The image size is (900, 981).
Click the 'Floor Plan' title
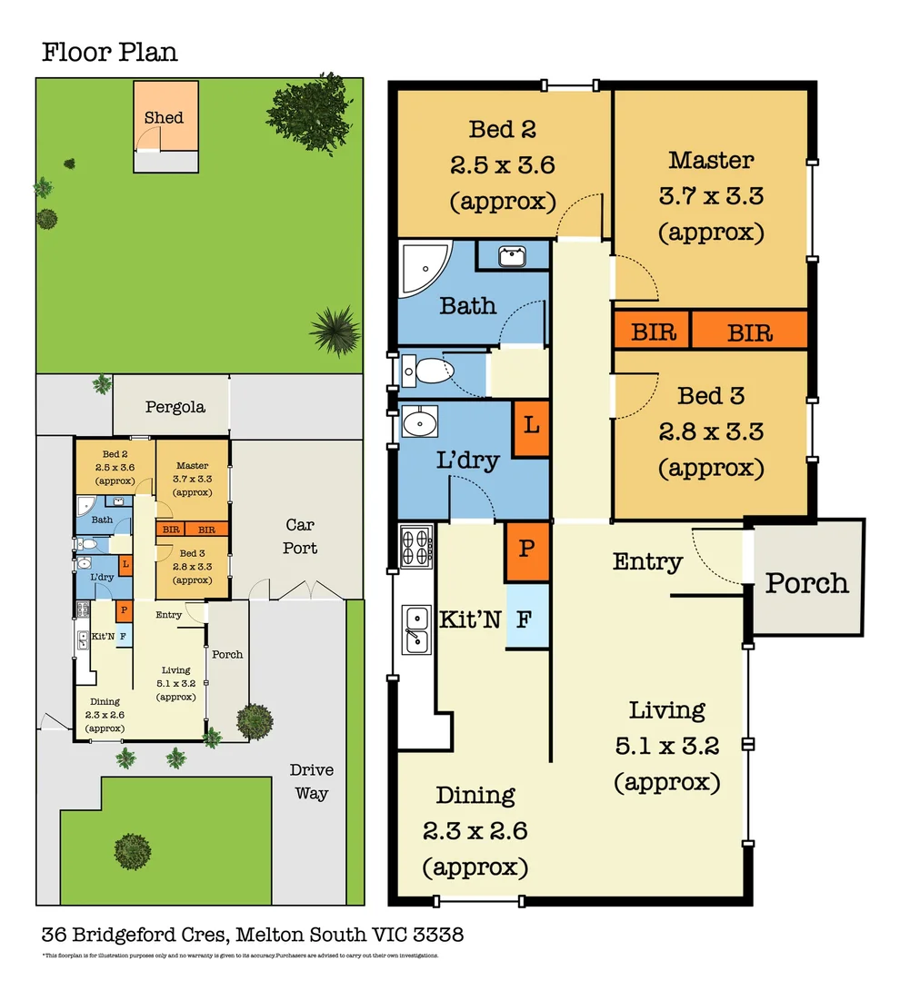pos(110,52)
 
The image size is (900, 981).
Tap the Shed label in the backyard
pos(164,117)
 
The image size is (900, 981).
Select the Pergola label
pos(175,407)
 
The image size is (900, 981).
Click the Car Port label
pos(300,536)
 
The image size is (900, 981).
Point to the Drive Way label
pos(311,781)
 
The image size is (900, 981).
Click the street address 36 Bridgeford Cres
pos(137,934)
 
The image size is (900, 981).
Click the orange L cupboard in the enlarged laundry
pos(532,428)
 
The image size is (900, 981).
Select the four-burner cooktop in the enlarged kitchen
pos(415,547)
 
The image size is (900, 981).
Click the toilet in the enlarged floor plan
pos(428,372)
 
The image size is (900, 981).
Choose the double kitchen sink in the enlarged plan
pos(416,629)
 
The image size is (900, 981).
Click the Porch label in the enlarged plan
pos(806,582)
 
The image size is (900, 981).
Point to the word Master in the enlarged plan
pos(711,161)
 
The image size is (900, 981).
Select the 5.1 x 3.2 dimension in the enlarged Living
pos(667,746)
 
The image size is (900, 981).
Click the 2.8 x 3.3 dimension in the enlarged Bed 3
pos(711,431)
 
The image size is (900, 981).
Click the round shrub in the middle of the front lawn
pos(133,850)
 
